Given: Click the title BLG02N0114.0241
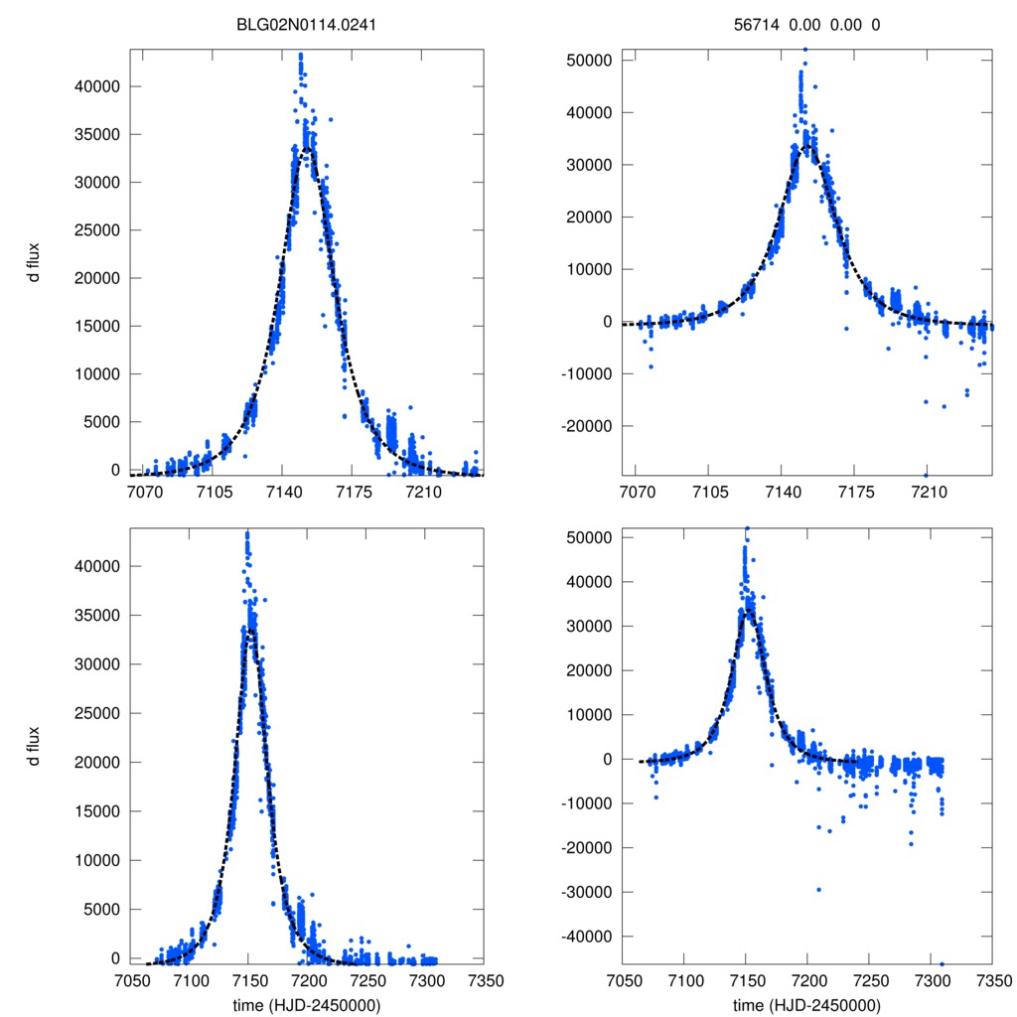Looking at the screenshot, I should (306, 28).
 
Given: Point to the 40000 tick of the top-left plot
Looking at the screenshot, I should (99, 86).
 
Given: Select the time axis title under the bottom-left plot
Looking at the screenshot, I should (306, 1005).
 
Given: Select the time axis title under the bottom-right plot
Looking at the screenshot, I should (806, 1005).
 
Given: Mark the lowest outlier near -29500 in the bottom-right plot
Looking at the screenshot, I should (819, 890).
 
